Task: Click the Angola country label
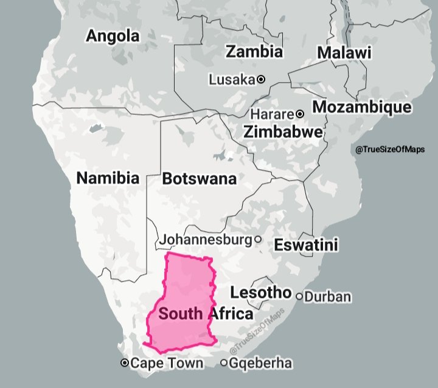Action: pos(113,36)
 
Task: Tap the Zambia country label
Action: pos(254,51)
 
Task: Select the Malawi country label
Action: pos(344,53)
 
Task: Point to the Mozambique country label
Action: pos(362,108)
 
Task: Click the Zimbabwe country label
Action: pos(283,131)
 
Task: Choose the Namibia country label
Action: pos(108,178)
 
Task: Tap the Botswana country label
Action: pos(199,179)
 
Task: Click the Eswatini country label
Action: pos(306,245)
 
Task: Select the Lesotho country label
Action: pos(261,293)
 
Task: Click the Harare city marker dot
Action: pos(300,114)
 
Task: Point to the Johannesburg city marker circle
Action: pos(258,240)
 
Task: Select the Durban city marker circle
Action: pos(299,297)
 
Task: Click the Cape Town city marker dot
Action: pos(125,363)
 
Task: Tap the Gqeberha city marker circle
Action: pos(224,363)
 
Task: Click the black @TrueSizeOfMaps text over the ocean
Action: pos(390,150)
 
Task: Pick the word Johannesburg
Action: pos(206,240)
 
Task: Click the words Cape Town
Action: pos(167,363)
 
